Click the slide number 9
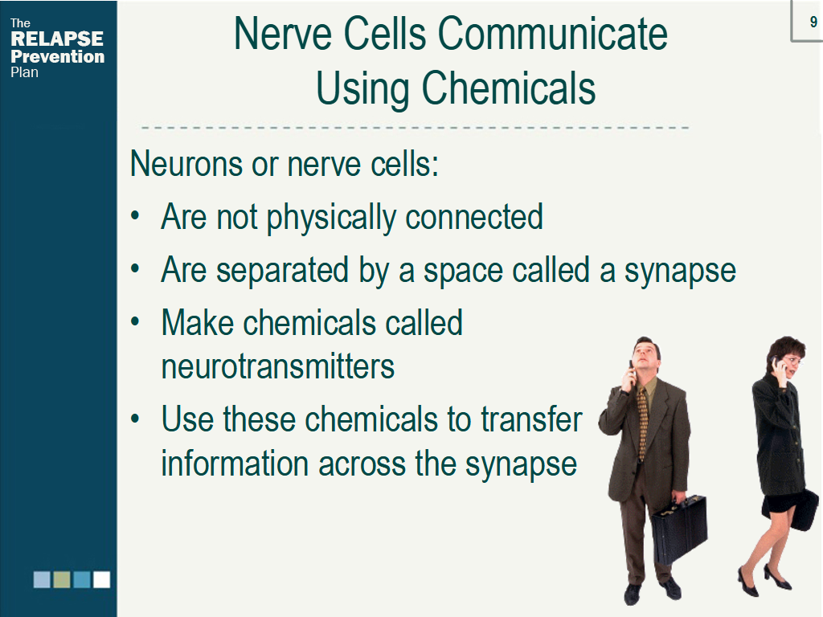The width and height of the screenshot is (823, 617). [813, 22]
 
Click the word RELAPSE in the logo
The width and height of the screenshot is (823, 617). [57, 39]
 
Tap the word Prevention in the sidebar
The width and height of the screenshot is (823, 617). [57, 56]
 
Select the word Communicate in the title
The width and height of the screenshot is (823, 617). [552, 34]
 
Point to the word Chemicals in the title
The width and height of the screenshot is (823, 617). [508, 88]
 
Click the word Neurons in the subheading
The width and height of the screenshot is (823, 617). [186, 164]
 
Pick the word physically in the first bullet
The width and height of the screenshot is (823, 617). [331, 218]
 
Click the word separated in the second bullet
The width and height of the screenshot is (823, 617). [282, 271]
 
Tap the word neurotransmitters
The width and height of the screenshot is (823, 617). [277, 366]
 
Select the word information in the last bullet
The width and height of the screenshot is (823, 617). [235, 464]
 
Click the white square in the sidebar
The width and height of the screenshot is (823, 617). [102, 579]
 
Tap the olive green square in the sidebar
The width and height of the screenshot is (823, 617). [62, 579]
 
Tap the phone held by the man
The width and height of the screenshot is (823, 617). [632, 369]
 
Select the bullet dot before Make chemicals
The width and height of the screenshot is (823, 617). [135, 321]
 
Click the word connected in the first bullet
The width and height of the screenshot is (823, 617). [474, 217]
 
